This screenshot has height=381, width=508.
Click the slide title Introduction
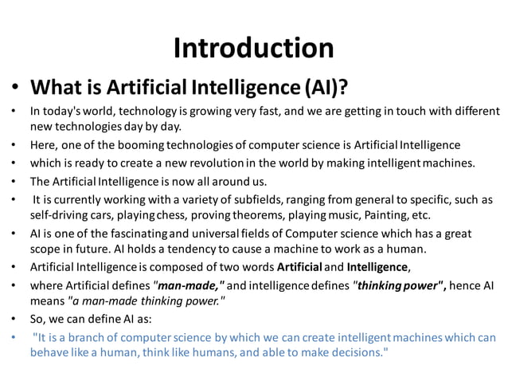point(253,48)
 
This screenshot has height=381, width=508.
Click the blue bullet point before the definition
point(14,336)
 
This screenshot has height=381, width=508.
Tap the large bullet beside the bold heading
point(14,86)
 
